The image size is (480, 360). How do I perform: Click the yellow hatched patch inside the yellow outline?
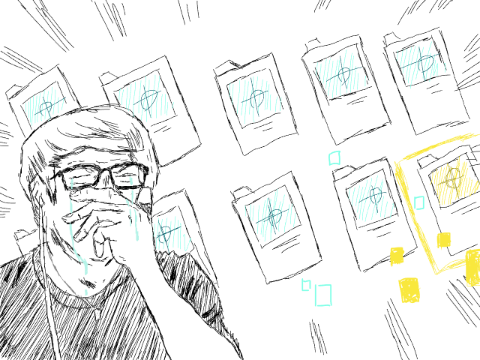(x=453, y=182)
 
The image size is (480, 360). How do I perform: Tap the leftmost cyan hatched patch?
(x=44, y=106)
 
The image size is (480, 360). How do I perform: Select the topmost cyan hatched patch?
(x=419, y=64)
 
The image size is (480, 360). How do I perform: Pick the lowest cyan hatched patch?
(x=170, y=235)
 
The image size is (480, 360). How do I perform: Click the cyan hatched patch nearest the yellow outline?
(x=371, y=198)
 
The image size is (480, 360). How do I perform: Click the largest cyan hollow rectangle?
(x=323, y=295)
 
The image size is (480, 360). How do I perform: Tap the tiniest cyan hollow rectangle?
(x=306, y=285)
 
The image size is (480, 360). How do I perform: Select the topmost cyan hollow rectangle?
(x=334, y=157)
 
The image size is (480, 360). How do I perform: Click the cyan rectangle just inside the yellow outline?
(x=419, y=202)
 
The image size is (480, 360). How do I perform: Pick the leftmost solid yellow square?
(x=397, y=256)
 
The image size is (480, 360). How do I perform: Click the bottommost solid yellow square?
(x=409, y=289)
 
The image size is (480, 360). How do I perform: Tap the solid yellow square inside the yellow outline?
(x=443, y=240)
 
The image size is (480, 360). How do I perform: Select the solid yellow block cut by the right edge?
(x=472, y=268)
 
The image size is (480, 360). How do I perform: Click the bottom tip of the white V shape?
(x=96, y=313)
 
